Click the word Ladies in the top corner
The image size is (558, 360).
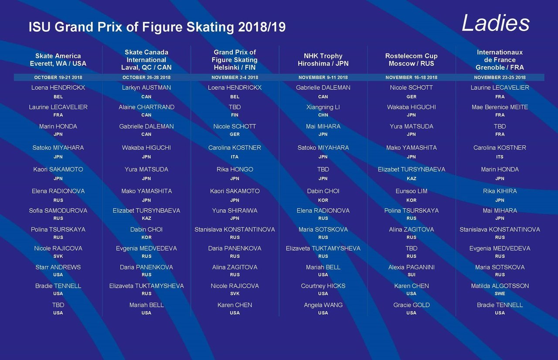point(495,23)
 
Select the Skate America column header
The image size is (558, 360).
point(58,60)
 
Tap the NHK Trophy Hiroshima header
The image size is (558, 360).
point(323,60)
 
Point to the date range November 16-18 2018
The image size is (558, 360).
point(411,78)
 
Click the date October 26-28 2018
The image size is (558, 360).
point(146,78)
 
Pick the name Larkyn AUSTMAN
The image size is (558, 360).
point(146,88)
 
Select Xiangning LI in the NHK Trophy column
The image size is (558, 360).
point(323,107)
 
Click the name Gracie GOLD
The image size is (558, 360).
point(412,305)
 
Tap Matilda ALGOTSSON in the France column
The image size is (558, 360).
point(500,286)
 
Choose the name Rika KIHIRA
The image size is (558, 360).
point(500,191)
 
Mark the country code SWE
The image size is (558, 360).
point(500,294)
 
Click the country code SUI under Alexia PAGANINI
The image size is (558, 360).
point(412,275)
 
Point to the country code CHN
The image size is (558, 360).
point(323,115)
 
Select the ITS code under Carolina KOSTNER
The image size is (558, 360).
point(500,157)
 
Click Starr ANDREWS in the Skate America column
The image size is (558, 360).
point(58,267)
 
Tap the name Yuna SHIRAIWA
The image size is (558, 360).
point(235,211)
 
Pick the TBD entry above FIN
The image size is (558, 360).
point(235,107)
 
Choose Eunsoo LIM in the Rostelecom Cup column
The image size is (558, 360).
point(412,191)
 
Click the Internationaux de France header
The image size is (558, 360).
point(500,60)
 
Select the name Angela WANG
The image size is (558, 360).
point(323,305)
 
